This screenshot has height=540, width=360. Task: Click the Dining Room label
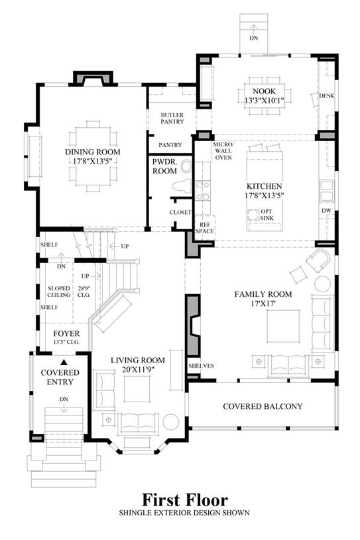93,152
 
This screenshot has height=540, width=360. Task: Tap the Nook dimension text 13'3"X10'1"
265,101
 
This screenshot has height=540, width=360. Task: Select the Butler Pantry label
172,118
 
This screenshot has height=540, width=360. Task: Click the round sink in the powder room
187,167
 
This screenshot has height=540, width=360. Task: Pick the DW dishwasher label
326,211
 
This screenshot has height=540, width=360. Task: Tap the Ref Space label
205,228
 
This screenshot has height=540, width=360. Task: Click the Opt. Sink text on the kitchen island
267,215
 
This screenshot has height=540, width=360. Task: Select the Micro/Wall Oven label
223,151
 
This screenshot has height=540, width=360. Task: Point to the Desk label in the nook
326,95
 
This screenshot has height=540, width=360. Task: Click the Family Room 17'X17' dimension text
265,303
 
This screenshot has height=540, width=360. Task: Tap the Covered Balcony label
263,406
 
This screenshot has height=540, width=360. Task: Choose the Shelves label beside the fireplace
201,366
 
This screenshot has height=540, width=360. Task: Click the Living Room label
138,360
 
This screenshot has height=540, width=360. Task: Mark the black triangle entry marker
64,362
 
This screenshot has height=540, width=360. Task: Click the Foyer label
66,333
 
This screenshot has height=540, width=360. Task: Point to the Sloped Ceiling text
59,292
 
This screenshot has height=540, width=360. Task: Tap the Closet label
180,213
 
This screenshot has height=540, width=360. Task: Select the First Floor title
185,500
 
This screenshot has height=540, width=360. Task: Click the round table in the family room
323,284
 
